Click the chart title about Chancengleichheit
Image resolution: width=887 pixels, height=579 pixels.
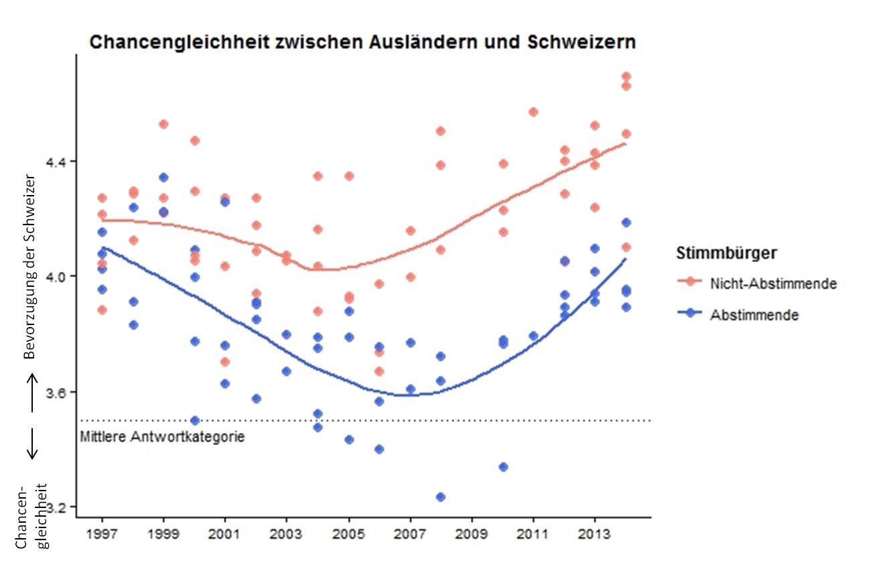click(362, 42)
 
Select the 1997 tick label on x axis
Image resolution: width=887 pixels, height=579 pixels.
click(102, 536)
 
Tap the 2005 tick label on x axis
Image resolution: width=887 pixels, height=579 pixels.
click(348, 536)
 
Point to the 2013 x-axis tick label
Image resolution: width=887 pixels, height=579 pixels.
click(594, 536)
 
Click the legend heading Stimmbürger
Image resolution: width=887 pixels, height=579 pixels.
click(726, 253)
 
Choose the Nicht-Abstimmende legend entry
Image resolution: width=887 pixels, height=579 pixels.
click(773, 283)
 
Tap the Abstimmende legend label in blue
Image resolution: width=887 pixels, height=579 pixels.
click(754, 314)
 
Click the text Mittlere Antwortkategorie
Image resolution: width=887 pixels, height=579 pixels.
click(162, 438)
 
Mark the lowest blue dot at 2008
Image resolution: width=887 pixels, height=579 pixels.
click(441, 497)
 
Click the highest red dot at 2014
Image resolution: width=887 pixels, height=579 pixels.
click(626, 76)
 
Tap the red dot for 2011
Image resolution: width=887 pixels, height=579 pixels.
click(533, 112)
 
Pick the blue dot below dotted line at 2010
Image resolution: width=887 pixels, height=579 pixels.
click(503, 466)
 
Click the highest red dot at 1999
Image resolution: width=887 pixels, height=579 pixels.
click(163, 124)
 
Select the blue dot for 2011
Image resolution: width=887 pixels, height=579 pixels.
click(533, 336)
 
